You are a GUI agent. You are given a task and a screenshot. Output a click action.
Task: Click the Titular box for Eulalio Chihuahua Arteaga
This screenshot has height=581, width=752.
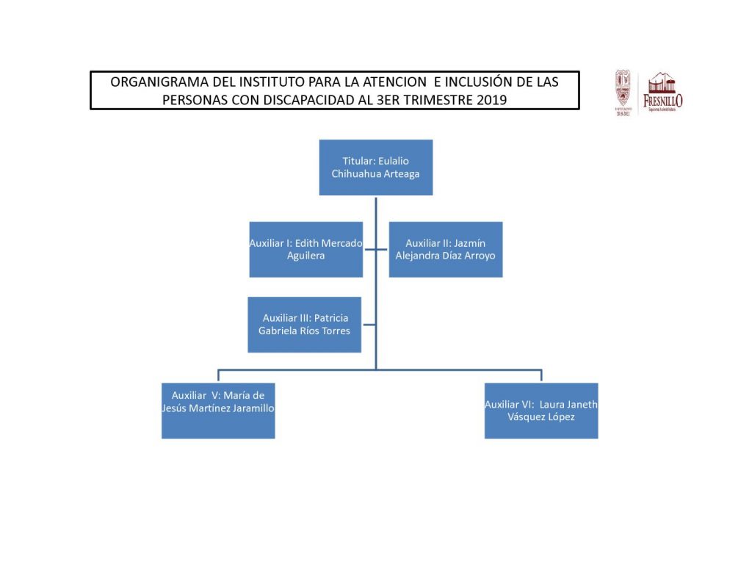point(375,167)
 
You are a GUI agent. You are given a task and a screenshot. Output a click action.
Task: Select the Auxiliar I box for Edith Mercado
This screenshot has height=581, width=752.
point(305,249)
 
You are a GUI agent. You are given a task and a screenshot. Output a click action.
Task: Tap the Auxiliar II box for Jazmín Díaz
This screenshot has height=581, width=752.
point(445,249)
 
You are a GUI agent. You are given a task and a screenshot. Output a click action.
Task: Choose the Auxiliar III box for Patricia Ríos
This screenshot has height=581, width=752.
point(304,324)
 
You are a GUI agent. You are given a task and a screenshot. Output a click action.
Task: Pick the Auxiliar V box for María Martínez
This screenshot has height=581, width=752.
point(218,411)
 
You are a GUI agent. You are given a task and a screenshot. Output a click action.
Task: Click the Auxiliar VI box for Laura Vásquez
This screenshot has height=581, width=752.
point(540,411)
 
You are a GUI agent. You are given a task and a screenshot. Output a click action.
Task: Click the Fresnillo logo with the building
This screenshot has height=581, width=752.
point(662,91)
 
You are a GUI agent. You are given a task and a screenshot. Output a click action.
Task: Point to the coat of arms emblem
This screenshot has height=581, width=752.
point(623,91)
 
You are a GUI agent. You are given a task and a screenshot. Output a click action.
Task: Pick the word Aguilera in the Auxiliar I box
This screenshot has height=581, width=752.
point(305,256)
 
